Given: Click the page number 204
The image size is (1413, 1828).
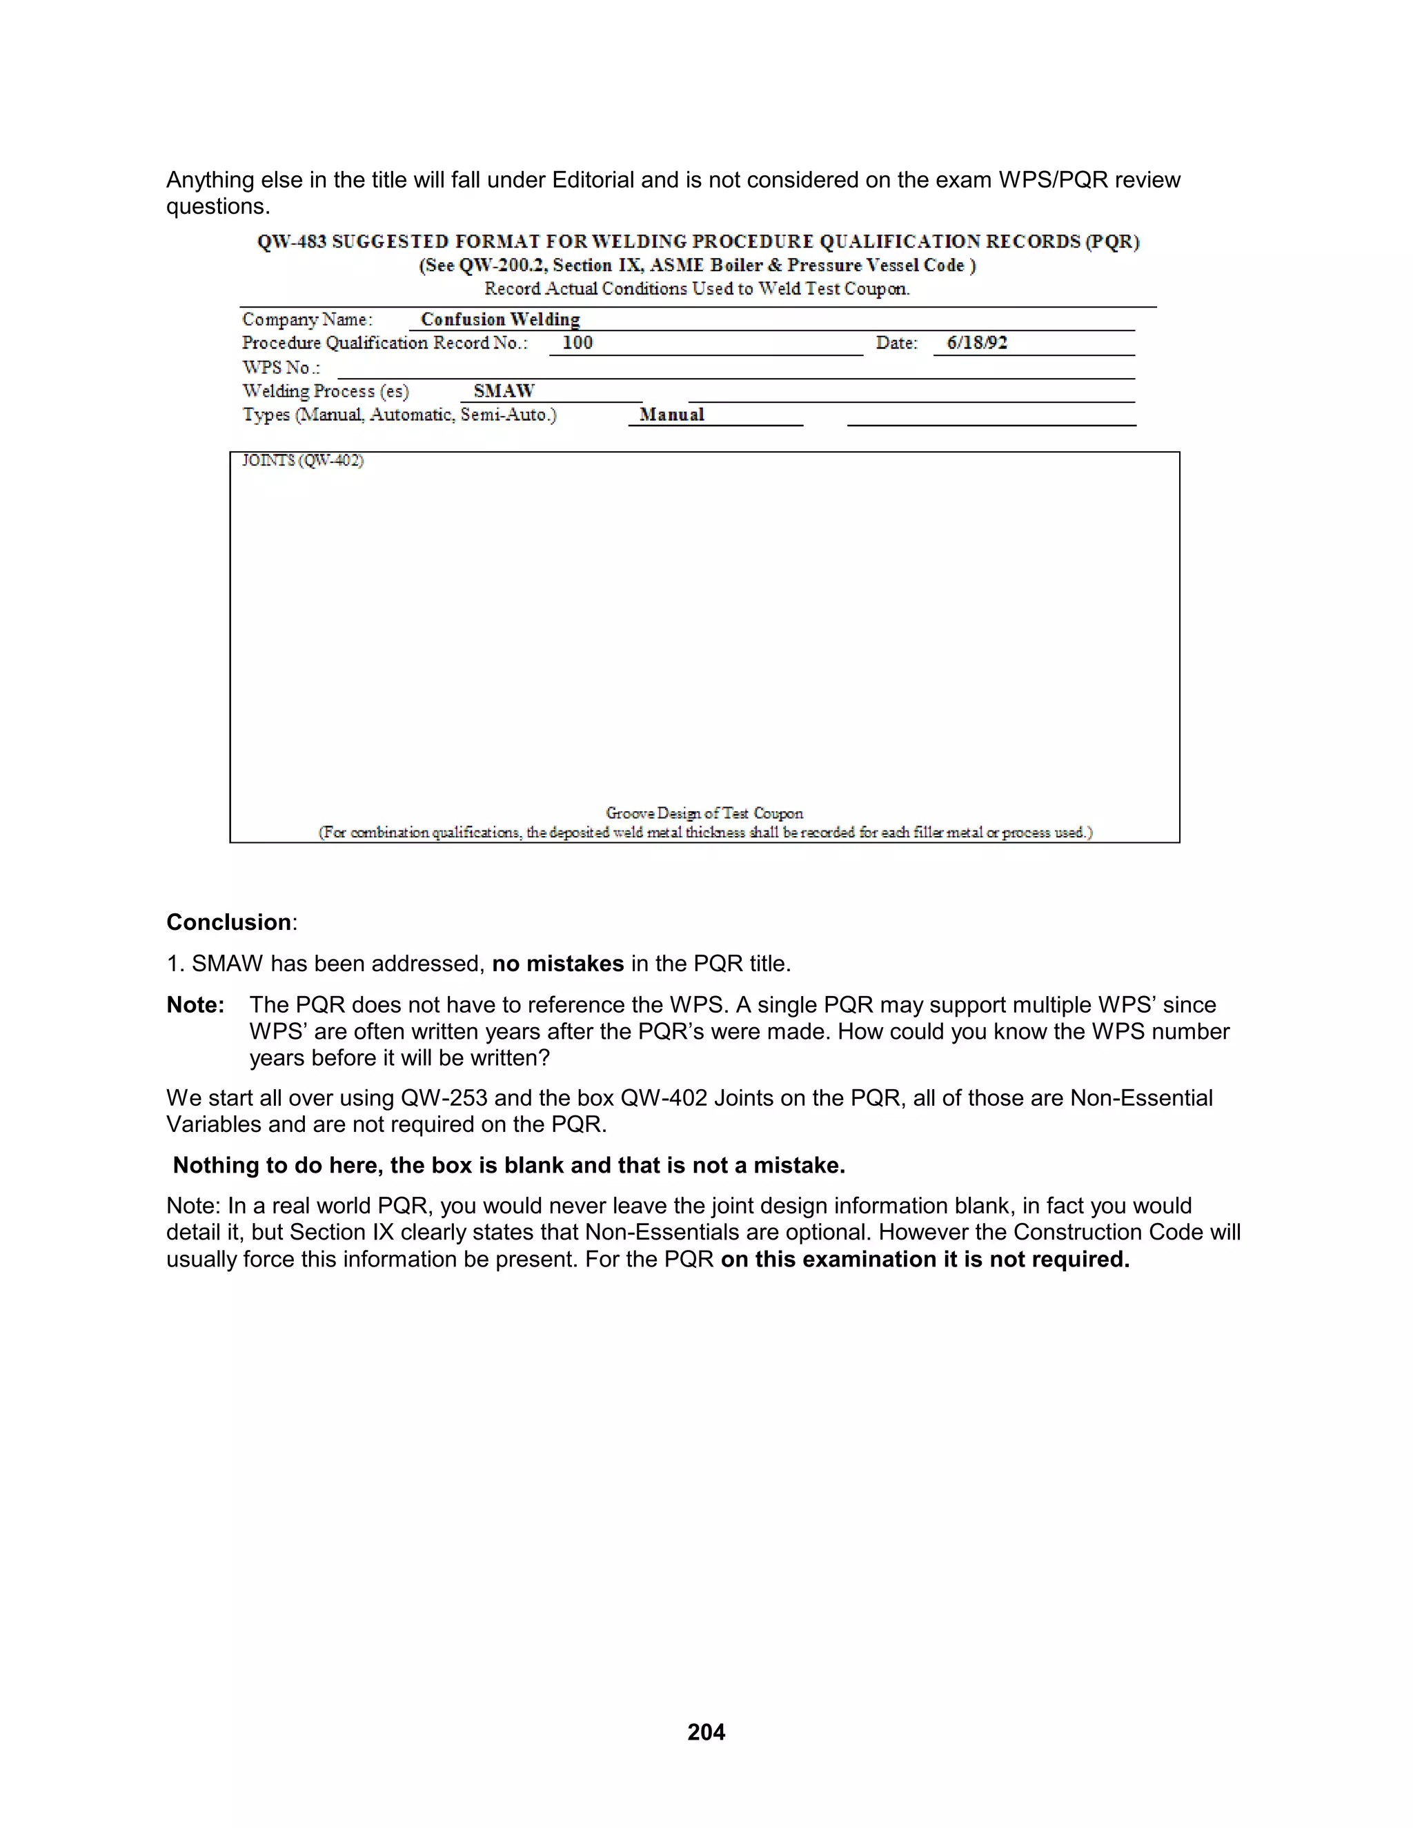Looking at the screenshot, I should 706,1731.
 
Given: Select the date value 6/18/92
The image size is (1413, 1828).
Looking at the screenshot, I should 977,342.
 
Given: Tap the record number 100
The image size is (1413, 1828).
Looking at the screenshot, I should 577,342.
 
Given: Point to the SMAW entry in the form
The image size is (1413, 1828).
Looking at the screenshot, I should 503,391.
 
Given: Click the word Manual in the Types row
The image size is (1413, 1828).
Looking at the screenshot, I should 671,415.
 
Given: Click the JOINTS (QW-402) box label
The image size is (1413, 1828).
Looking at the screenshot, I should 303,460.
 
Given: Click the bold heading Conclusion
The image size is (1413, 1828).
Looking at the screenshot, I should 228,922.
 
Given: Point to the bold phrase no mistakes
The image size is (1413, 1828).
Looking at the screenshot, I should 557,964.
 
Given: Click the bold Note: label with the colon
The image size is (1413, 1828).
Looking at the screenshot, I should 195,1004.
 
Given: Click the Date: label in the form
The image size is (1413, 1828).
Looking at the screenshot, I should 896,342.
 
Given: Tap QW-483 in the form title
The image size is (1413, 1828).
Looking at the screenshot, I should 291,242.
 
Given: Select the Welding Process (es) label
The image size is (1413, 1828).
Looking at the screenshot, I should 326,391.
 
